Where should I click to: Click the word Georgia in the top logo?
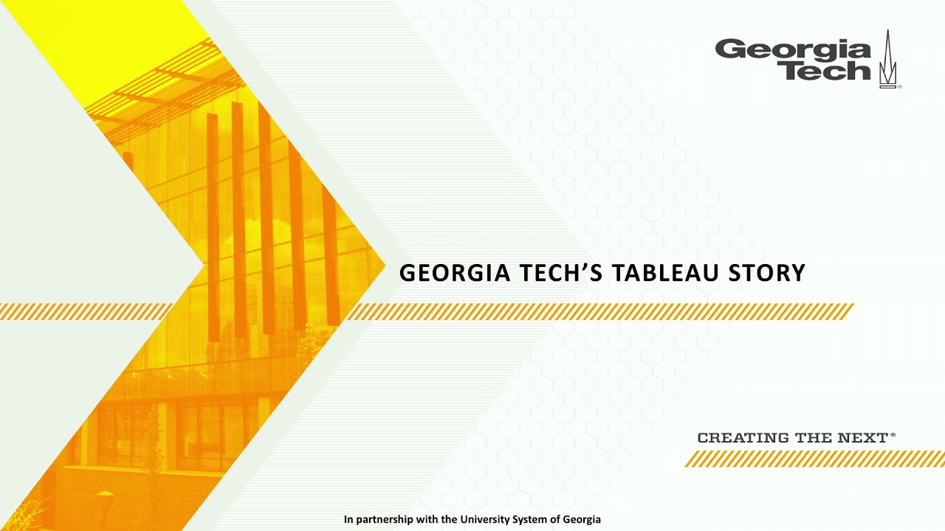click(792, 50)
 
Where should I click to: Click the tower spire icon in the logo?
click(888, 60)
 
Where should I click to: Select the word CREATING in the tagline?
click(743, 438)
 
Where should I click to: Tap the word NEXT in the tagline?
click(862, 438)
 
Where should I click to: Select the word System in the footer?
click(531, 519)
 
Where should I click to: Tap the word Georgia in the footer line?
click(582, 519)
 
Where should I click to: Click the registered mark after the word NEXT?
click(893, 435)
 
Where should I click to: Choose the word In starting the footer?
click(348, 519)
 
